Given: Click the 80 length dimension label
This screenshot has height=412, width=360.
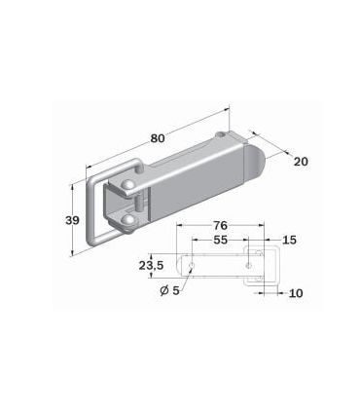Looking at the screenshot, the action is [158, 138].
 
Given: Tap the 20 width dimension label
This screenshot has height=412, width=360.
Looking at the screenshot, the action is [301, 162].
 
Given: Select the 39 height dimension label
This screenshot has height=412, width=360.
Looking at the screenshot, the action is [72, 220].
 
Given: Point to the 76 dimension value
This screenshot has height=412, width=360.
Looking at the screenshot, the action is [220, 225].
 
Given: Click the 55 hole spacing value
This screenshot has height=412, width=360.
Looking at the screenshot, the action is [220, 240].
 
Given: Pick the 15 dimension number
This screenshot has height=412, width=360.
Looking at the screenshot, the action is [289, 240].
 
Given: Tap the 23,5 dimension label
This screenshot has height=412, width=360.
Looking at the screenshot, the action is [152, 266].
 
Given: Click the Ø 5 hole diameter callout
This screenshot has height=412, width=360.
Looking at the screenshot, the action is [169, 290].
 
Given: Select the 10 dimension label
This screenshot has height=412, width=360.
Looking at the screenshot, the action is [296, 293].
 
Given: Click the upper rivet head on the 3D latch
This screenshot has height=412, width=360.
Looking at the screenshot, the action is [127, 185].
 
